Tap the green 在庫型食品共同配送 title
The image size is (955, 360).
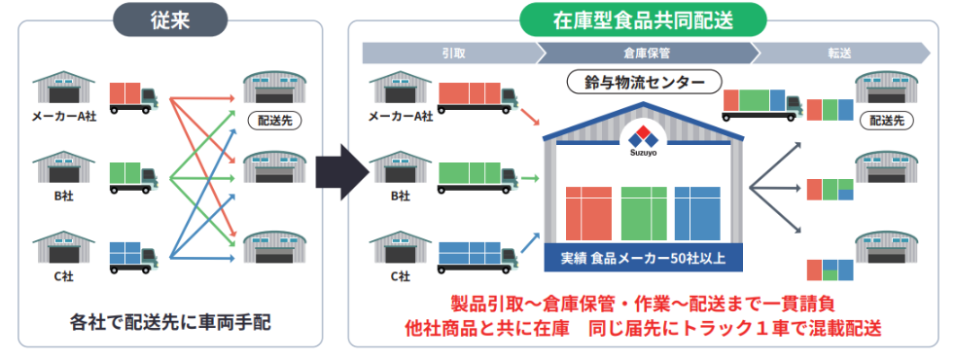[643, 18]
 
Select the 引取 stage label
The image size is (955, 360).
[447, 52]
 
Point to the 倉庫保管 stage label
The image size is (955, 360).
[643, 52]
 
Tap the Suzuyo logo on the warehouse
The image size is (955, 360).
[644, 138]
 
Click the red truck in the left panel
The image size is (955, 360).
[133, 97]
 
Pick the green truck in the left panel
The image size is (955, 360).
[133, 176]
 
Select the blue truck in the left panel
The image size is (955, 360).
[133, 255]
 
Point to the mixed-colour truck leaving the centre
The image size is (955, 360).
[761, 101]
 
